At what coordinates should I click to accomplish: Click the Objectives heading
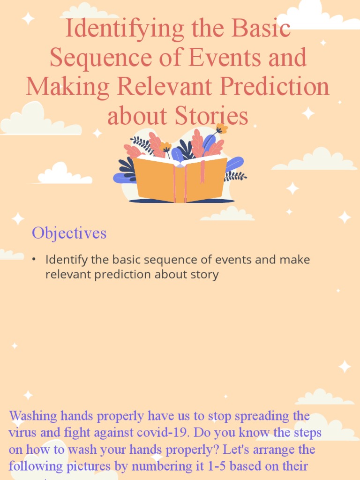point(69,233)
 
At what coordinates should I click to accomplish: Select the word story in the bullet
point(205,274)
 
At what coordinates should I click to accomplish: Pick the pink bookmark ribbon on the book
point(202,172)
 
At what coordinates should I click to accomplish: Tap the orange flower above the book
point(221,128)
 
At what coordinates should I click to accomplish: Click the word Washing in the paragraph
point(33,416)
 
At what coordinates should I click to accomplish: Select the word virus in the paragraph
point(22,433)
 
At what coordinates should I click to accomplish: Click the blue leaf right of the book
point(234,164)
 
